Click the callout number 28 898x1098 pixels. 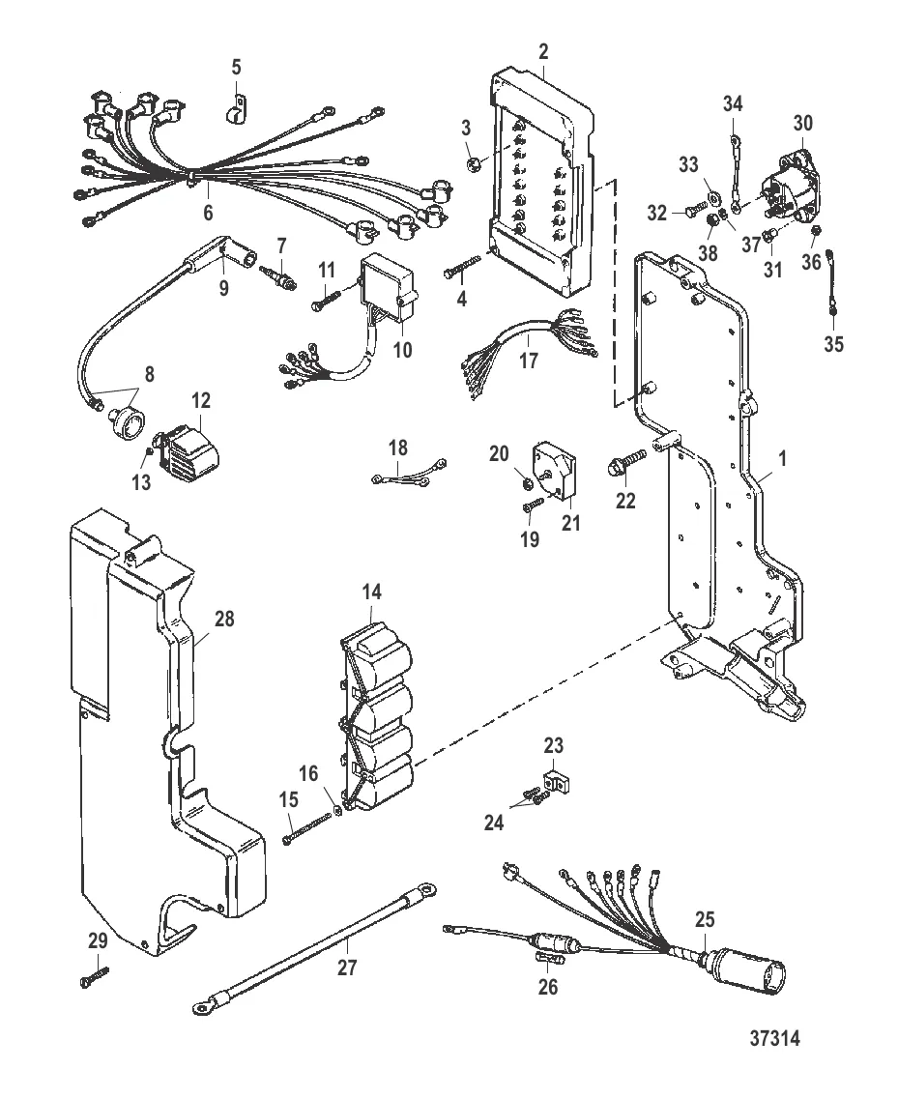224,618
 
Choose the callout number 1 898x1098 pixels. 782,460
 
